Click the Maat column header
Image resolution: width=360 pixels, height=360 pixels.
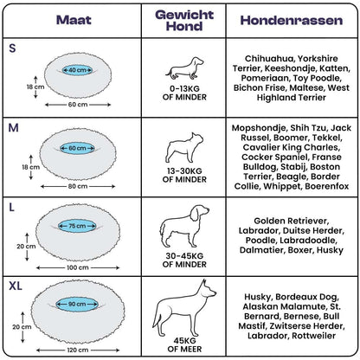click(x=74, y=20)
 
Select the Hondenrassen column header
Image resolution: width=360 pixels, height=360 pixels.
click(x=292, y=20)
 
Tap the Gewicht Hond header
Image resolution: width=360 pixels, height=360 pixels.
click(x=184, y=20)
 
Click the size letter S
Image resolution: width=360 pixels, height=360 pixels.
click(x=12, y=48)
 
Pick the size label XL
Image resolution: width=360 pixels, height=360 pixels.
click(x=16, y=286)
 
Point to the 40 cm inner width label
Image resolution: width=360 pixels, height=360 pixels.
click(x=77, y=70)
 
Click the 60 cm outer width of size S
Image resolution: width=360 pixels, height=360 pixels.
click(x=78, y=105)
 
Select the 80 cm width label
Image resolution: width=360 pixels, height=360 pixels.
click(x=78, y=186)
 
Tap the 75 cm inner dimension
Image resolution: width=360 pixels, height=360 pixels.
click(x=77, y=226)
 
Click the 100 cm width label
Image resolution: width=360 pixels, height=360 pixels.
click(x=78, y=267)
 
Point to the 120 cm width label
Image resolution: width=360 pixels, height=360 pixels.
click(x=78, y=350)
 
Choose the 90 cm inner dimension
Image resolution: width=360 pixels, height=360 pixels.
click(x=77, y=304)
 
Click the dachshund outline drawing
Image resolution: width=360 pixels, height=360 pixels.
click(x=184, y=68)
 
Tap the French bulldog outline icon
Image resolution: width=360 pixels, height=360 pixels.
click(x=184, y=148)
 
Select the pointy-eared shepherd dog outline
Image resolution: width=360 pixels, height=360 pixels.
click(x=184, y=308)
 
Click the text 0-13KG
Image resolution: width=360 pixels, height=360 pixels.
click(x=184, y=88)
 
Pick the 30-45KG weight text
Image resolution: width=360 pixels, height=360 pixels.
click(x=184, y=256)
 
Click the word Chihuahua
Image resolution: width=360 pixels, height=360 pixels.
click(x=269, y=59)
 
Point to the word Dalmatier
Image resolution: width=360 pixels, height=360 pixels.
click(x=262, y=250)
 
